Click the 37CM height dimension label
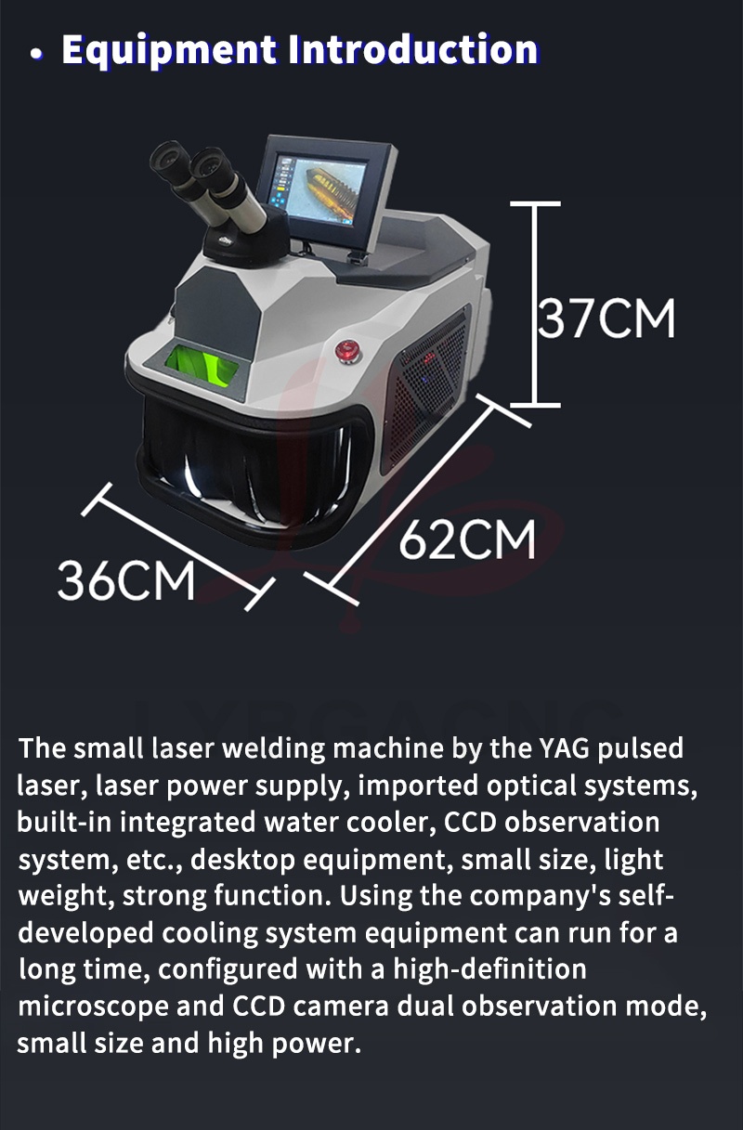click(606, 318)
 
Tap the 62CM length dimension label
click(467, 539)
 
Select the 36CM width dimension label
click(126, 580)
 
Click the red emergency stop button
click(347, 351)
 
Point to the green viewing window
click(202, 366)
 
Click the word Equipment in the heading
click(169, 50)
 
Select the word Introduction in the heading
click(413, 49)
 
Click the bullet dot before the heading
click(36, 54)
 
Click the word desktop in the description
click(242, 860)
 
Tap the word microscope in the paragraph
click(94, 1007)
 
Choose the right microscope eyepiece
click(211, 166)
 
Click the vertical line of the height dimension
click(535, 305)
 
